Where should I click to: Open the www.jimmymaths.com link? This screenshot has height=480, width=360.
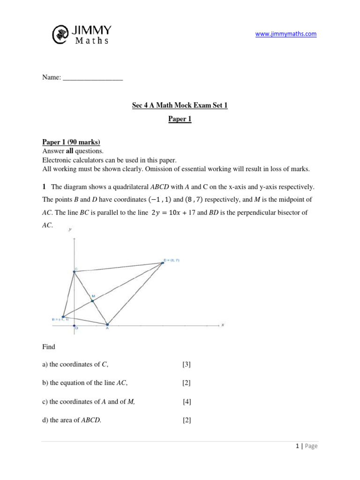point(285,34)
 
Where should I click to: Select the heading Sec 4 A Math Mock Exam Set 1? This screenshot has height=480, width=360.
point(180,105)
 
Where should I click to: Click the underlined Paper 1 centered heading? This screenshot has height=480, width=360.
point(180,119)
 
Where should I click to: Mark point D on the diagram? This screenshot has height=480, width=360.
point(163,263)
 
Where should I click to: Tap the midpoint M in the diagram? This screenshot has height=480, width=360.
point(92,300)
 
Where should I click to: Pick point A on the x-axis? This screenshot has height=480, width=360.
point(107,324)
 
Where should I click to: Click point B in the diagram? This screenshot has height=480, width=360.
point(63,317)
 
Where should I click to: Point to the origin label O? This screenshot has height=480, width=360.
point(76,329)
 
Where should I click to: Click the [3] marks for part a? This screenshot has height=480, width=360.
point(187,364)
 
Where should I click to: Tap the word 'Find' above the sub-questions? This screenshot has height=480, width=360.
point(49,347)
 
